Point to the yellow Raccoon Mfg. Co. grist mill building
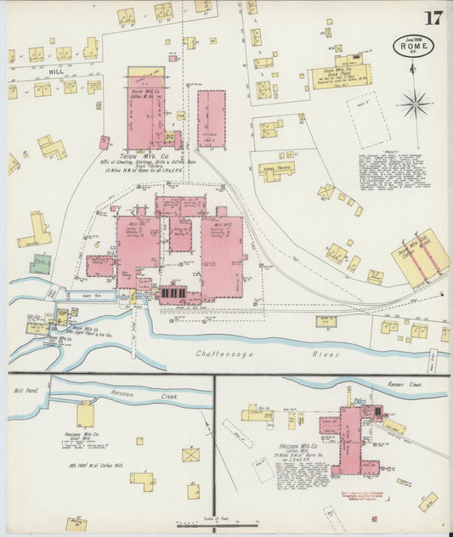click(85, 415)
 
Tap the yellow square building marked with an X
click(191, 455)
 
